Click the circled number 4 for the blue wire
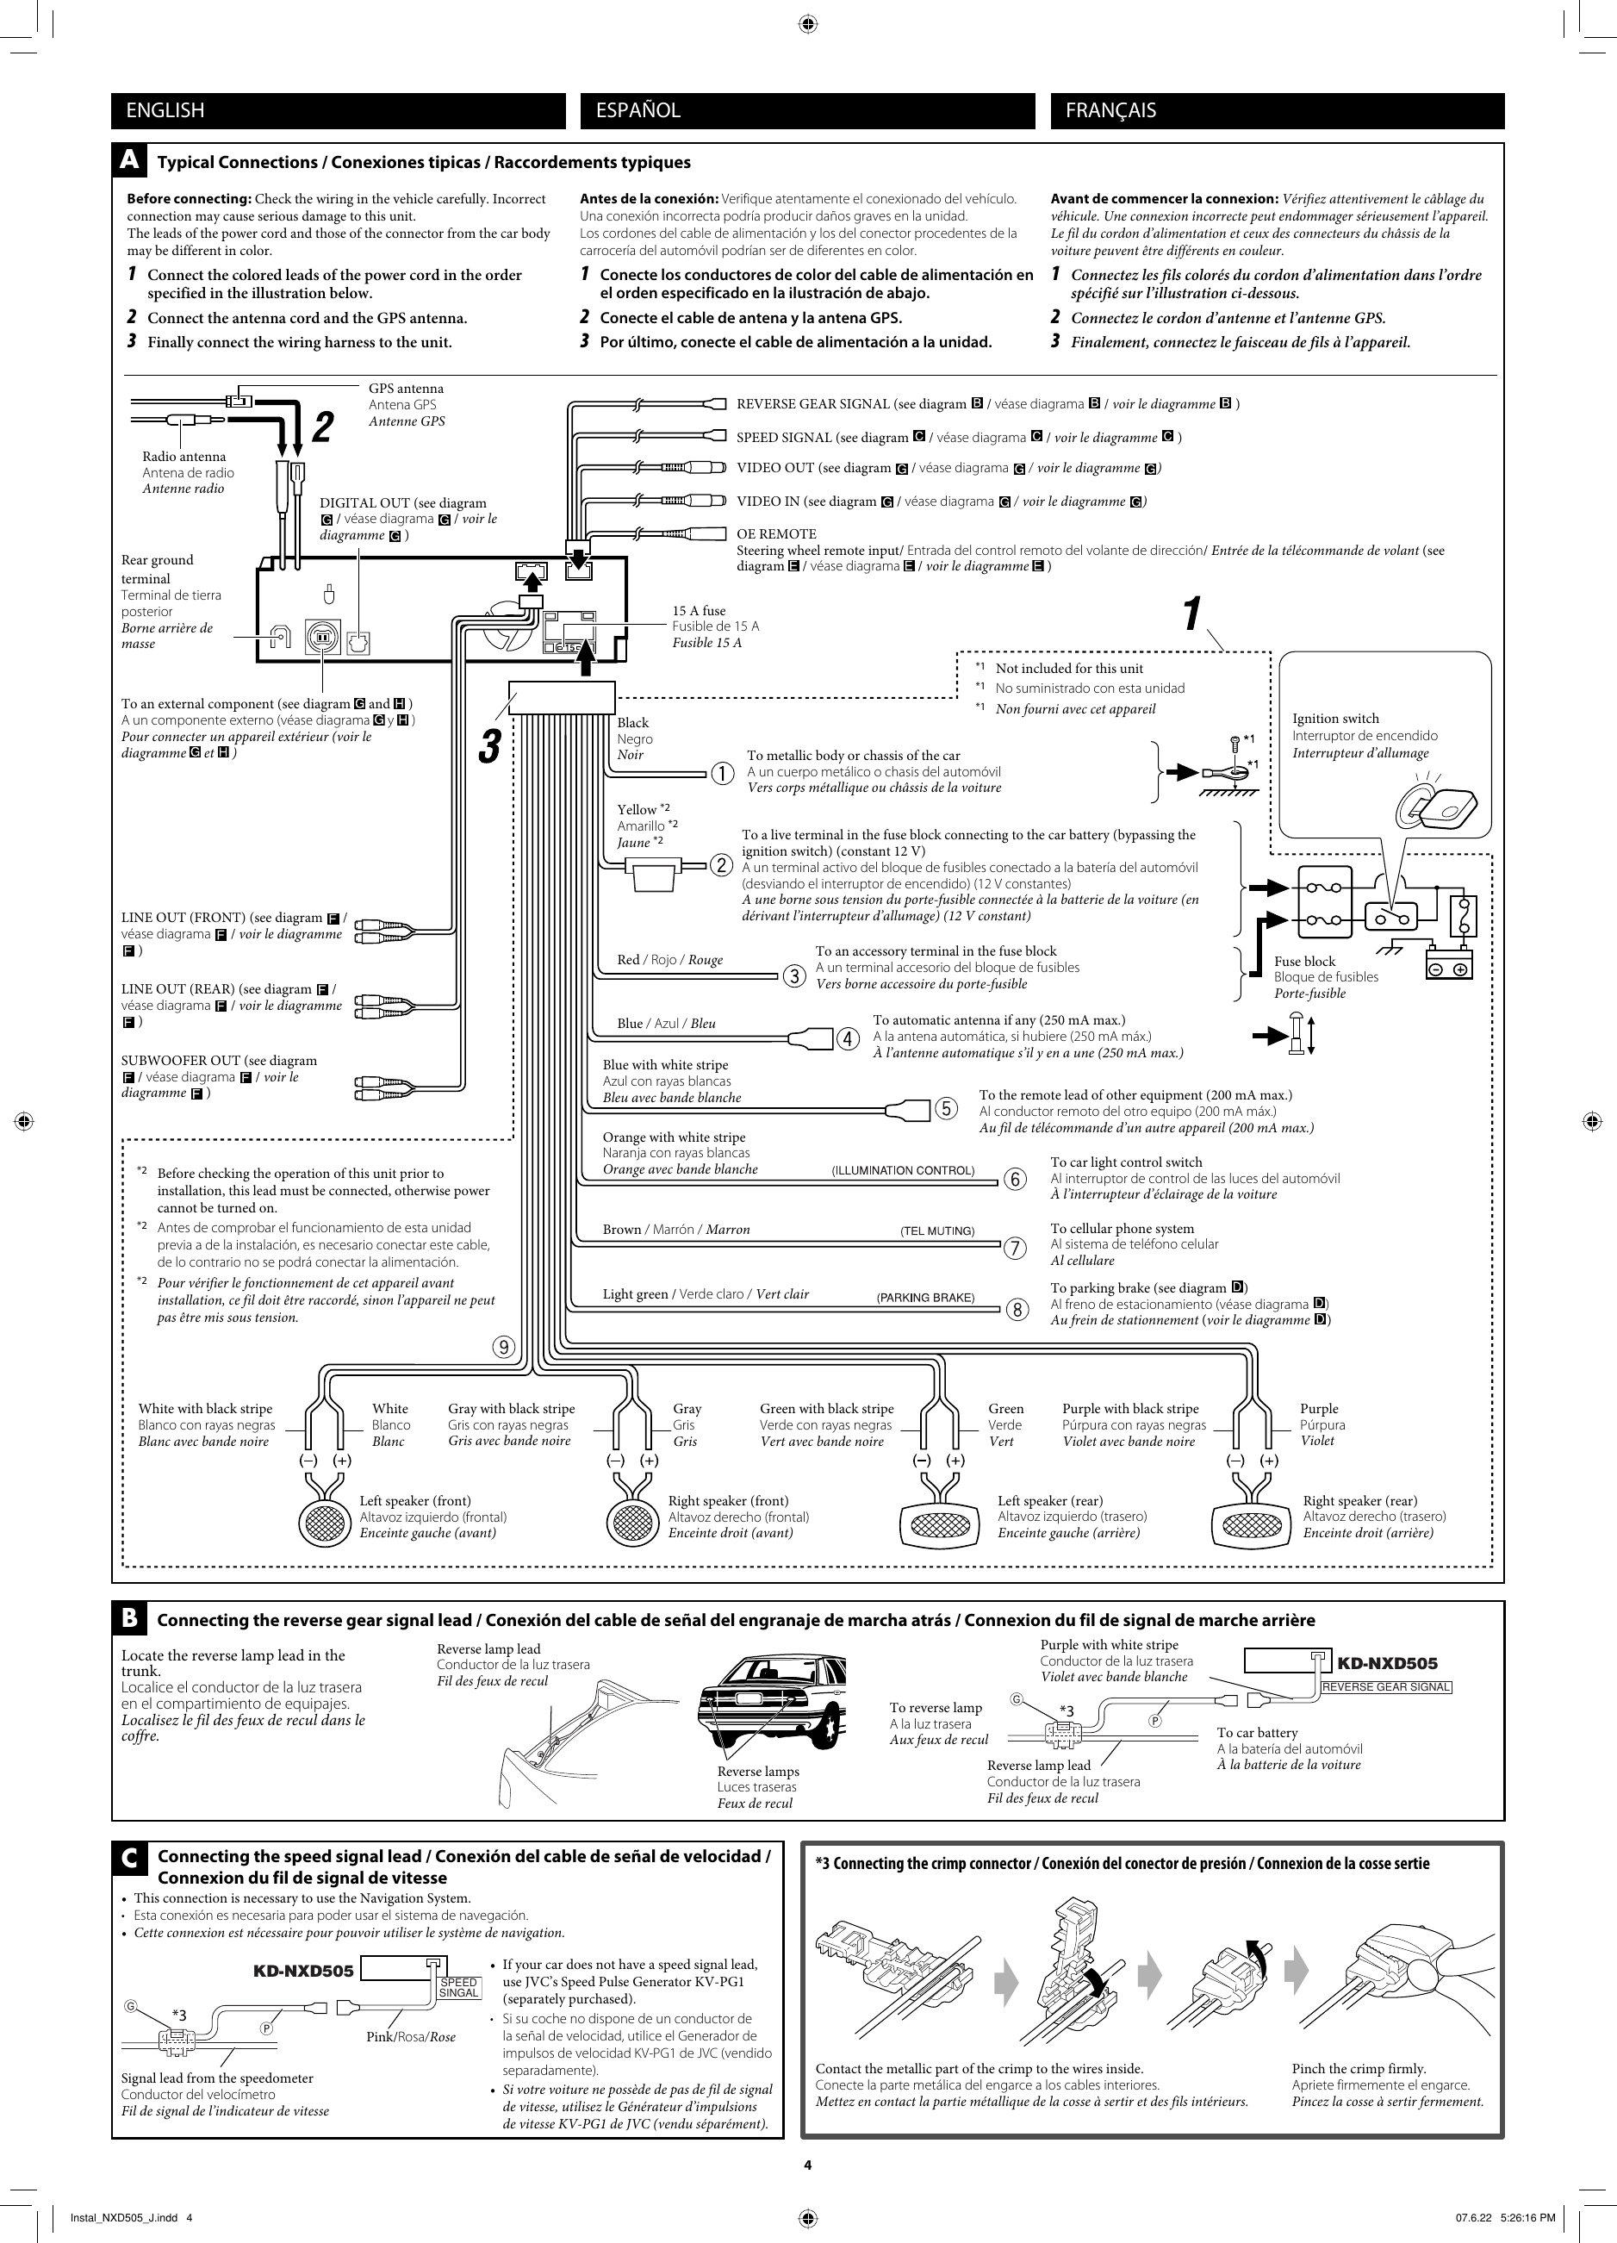coord(848,1039)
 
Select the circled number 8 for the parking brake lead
coord(1017,1312)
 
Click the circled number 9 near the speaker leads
coord(504,1347)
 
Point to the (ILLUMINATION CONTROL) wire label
coord(902,1171)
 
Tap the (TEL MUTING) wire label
coord(936,1231)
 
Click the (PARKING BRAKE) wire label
coord(924,1298)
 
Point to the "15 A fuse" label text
coord(698,611)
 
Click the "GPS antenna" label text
coord(406,389)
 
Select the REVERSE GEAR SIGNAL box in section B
coord(1385,1687)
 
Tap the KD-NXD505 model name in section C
coord(302,1971)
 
